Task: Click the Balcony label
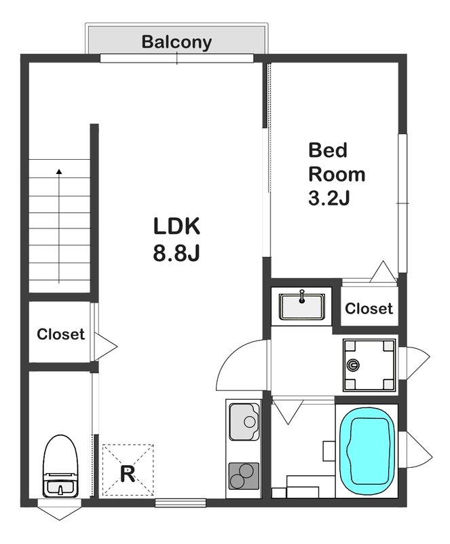[176, 42]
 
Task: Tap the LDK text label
[176, 226]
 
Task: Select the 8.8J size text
[176, 253]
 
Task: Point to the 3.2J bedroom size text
[329, 199]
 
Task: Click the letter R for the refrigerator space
[128, 474]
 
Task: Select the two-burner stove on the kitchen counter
[244, 476]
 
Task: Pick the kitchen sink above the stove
[244, 422]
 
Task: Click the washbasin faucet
[302, 296]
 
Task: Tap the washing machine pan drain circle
[353, 365]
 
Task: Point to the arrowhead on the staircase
[59, 171]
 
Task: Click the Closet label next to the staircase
[60, 334]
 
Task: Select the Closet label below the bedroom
[369, 309]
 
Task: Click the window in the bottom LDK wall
[181, 503]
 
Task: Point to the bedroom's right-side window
[402, 203]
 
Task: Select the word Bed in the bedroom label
[328, 150]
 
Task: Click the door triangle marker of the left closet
[106, 346]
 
